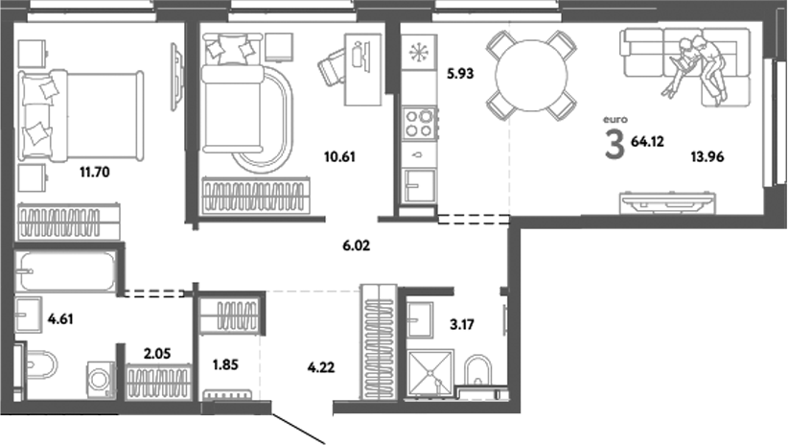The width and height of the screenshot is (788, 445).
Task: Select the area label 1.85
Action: pos(225,364)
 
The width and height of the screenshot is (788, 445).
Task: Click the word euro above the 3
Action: pos(614,119)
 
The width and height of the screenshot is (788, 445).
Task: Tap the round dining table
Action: pos(530,73)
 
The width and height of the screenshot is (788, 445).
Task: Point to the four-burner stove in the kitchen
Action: pos(420,121)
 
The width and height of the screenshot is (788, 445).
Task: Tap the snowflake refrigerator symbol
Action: pos(420,53)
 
